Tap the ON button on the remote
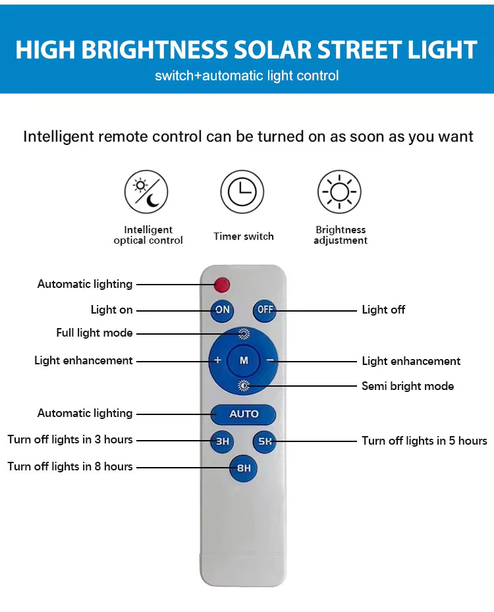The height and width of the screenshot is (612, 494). click(x=223, y=310)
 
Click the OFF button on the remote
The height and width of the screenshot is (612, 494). click(x=265, y=310)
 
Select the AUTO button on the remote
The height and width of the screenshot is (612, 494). click(x=244, y=414)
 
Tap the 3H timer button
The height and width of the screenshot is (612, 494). click(x=223, y=441)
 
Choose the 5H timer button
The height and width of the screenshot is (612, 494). click(x=265, y=441)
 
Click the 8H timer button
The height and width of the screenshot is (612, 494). click(x=244, y=468)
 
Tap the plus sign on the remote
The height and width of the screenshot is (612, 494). click(x=217, y=360)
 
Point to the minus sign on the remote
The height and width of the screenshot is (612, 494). click(x=270, y=360)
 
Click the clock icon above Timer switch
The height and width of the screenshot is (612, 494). click(x=242, y=192)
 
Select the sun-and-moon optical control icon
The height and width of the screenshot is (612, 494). click(x=146, y=192)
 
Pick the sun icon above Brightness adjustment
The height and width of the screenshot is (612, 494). click(x=339, y=192)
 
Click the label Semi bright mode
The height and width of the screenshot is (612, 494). click(x=408, y=386)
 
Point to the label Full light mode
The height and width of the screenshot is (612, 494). click(x=94, y=333)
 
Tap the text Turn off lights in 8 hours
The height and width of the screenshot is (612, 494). click(x=70, y=466)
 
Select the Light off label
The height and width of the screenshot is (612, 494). click(x=383, y=310)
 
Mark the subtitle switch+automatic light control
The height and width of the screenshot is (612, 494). click(x=247, y=76)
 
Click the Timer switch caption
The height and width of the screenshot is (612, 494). click(x=243, y=236)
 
